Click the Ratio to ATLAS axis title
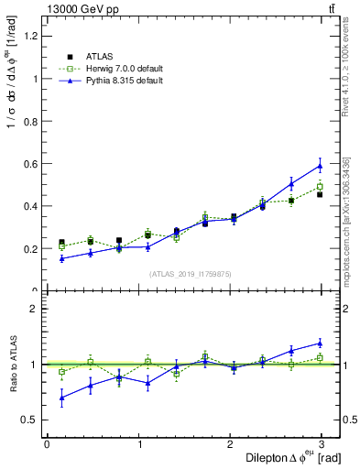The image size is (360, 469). pos(11,364)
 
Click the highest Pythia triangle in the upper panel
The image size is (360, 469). pos(320,166)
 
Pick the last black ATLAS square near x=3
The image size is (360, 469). pos(320,194)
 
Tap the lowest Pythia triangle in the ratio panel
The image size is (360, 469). pos(61,398)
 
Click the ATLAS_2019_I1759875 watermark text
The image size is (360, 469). pos(191,273)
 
